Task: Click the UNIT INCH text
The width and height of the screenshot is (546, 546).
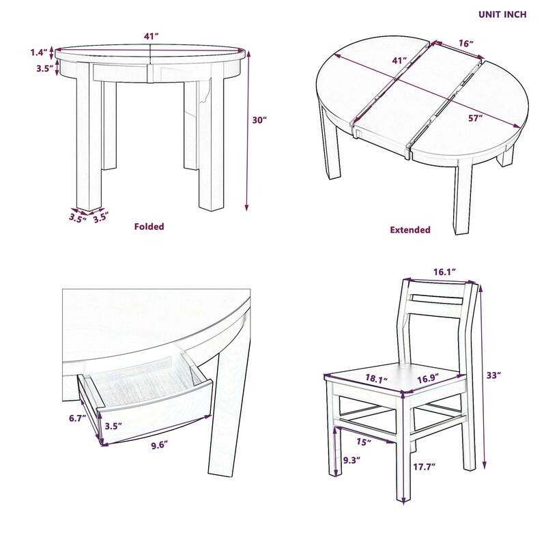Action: tap(502, 14)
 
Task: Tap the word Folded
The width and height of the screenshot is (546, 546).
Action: tap(149, 227)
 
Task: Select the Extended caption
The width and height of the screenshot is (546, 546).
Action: tap(409, 230)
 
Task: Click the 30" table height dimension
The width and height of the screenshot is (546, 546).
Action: tap(259, 120)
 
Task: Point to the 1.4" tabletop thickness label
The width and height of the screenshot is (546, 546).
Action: tap(39, 52)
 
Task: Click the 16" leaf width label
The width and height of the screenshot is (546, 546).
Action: tap(465, 44)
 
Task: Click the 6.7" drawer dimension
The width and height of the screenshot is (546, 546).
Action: tap(75, 418)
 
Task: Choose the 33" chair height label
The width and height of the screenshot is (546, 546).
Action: tap(494, 375)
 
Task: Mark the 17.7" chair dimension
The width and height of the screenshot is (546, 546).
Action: tap(425, 467)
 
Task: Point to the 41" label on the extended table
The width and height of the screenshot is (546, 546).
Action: tap(399, 61)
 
